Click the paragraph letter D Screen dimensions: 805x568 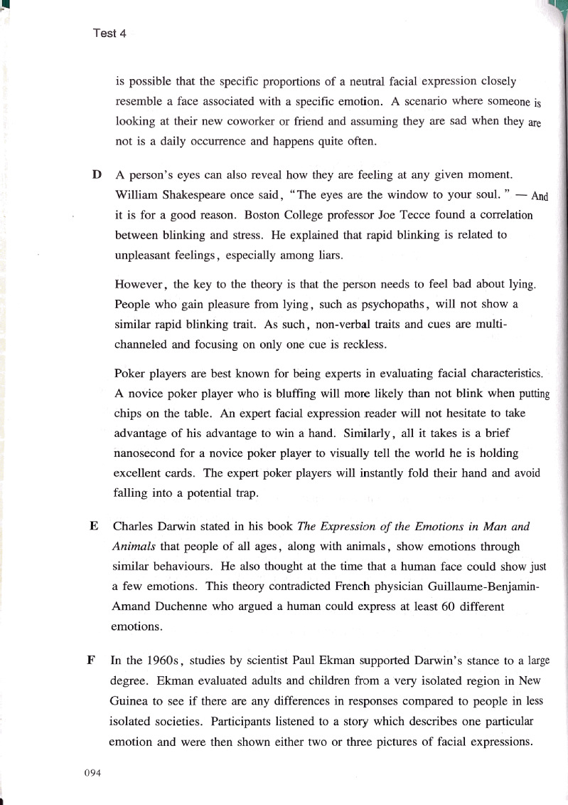click(x=96, y=174)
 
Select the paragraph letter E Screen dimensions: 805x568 click(x=94, y=527)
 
